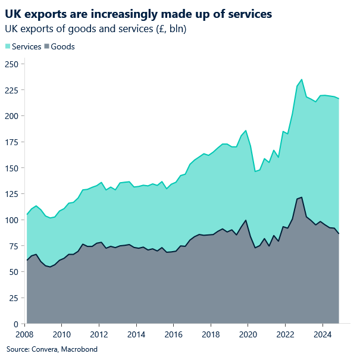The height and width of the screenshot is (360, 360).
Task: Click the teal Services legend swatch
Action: [x=8, y=46]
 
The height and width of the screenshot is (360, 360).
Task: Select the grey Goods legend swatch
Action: [x=47, y=46]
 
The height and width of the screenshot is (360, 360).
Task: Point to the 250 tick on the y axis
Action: [x=11, y=64]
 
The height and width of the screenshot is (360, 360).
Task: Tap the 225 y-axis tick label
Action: [x=11, y=90]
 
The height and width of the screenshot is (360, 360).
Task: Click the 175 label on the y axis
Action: [x=11, y=142]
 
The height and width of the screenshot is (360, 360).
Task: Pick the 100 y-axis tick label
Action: [x=11, y=220]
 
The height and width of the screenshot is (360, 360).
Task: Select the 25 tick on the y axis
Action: [x=13, y=298]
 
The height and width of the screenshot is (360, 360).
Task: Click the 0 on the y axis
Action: [x=15, y=324]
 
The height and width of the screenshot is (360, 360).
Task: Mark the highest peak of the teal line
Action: [x=302, y=79]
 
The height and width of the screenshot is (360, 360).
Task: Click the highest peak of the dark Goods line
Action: [x=302, y=198]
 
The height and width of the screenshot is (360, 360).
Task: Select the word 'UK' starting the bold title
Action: [x=12, y=13]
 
